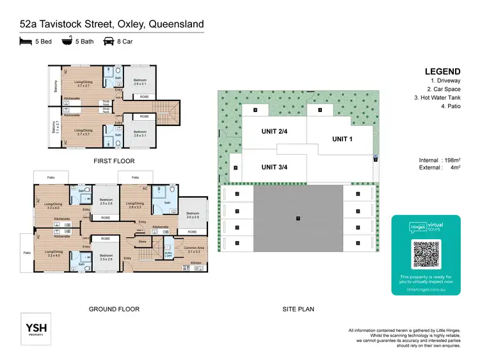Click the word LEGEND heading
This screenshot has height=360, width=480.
pyautogui.click(x=442, y=71)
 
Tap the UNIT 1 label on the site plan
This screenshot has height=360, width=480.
pyautogui.click(x=344, y=139)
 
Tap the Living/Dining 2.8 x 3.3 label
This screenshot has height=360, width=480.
pyautogui.click(x=134, y=205)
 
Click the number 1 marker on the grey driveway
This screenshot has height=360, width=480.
pyautogui.click(x=297, y=219)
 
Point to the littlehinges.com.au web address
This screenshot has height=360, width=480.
pyautogui.click(x=426, y=289)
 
